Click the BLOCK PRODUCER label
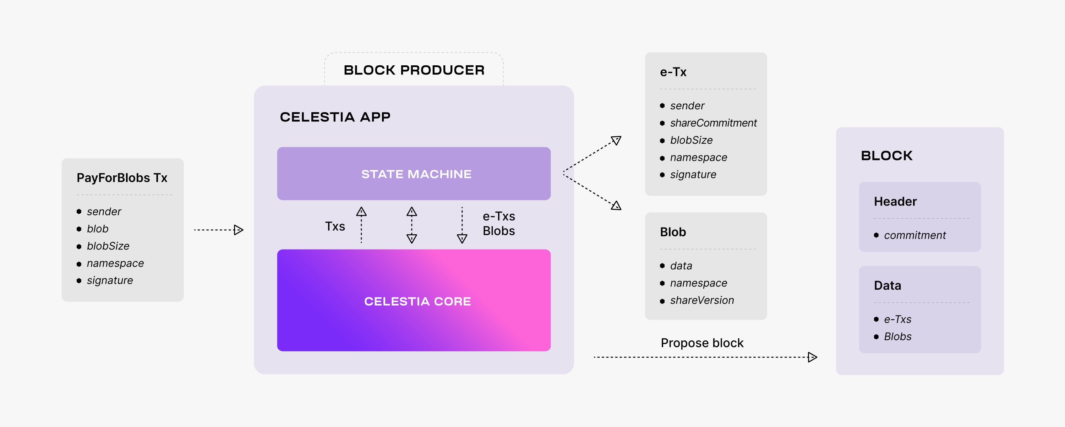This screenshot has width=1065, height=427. (x=414, y=70)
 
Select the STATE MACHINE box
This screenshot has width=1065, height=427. (x=414, y=174)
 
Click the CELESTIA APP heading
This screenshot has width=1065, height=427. (x=335, y=117)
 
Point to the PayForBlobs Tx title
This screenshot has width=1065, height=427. (x=122, y=178)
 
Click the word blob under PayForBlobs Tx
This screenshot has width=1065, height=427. (x=98, y=229)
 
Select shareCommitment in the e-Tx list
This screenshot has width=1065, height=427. (x=713, y=123)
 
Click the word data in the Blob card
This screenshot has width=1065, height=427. (x=681, y=266)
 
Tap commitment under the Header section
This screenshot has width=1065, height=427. (x=914, y=236)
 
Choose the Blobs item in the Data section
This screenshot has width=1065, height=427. (x=897, y=337)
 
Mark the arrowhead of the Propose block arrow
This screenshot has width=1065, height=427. (x=812, y=357)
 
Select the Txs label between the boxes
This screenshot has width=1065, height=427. (x=335, y=226)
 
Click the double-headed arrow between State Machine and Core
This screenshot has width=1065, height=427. (x=411, y=225)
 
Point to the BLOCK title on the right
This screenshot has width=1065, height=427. (x=886, y=156)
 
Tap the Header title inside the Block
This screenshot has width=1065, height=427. (x=895, y=202)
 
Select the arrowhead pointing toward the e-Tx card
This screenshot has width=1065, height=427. (x=616, y=141)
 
